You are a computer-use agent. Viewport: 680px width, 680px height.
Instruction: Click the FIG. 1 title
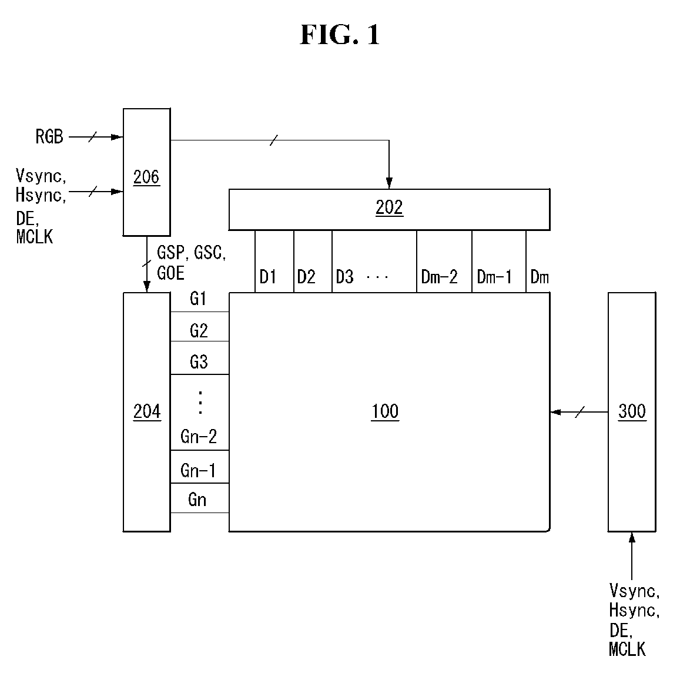click(340, 35)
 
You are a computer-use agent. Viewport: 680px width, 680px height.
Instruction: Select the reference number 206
click(146, 177)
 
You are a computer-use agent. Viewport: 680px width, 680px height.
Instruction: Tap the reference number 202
click(389, 207)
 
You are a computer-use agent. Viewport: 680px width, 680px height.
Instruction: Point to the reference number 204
click(146, 411)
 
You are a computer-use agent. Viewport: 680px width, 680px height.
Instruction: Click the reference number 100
click(385, 411)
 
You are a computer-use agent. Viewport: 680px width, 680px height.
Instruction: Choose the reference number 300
click(632, 411)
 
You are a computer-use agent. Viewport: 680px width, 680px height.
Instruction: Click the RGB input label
click(49, 136)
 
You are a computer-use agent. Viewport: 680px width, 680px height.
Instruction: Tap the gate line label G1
click(197, 299)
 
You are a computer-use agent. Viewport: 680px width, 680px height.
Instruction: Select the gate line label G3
click(199, 361)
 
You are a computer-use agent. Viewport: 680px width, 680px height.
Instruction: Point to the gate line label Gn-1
click(197, 471)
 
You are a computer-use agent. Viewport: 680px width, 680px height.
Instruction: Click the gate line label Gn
click(197, 500)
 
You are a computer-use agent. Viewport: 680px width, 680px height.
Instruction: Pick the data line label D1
click(267, 277)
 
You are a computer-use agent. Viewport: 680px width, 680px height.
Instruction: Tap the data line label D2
click(306, 277)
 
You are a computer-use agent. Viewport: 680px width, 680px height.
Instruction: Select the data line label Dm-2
click(439, 277)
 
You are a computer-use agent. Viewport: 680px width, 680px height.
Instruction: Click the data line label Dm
click(540, 277)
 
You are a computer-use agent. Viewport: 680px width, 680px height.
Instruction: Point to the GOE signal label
click(171, 273)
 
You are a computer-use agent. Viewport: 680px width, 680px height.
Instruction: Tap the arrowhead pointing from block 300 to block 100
click(556, 411)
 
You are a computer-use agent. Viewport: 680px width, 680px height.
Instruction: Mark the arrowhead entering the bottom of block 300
click(632, 538)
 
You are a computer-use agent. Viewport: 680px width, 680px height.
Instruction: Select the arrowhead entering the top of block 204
click(146, 287)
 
